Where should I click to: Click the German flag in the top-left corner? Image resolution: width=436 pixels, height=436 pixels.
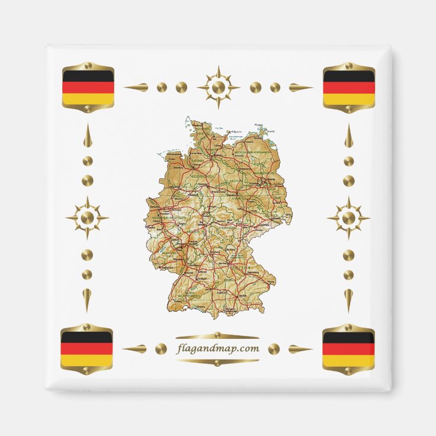[x=88, y=88]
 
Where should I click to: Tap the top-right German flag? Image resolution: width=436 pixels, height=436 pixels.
[x=349, y=88]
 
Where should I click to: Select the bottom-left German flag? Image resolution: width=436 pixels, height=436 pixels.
[x=86, y=349]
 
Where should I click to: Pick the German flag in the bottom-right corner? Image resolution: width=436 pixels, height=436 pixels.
[x=348, y=349]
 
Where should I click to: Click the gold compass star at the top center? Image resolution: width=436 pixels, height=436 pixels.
[x=218, y=88]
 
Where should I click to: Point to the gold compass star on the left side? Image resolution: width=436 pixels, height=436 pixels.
[x=87, y=218]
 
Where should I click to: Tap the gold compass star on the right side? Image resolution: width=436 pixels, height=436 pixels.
[x=348, y=218]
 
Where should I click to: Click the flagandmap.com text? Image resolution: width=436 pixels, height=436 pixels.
[x=218, y=348]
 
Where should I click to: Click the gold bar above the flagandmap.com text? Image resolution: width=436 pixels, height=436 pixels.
[x=218, y=336]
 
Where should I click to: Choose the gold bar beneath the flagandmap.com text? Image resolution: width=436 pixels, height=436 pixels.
[x=218, y=361]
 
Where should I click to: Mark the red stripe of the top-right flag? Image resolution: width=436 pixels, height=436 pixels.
[x=349, y=88]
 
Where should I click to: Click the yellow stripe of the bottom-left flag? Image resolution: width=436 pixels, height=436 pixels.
[x=86, y=360]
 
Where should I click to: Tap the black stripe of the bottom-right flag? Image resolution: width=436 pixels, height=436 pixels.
[x=348, y=338]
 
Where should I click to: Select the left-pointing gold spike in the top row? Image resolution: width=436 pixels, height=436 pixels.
[x=136, y=88]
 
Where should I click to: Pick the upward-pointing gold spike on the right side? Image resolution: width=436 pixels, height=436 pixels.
[x=348, y=136]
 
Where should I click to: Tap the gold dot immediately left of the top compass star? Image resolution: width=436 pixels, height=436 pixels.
[x=181, y=88]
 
